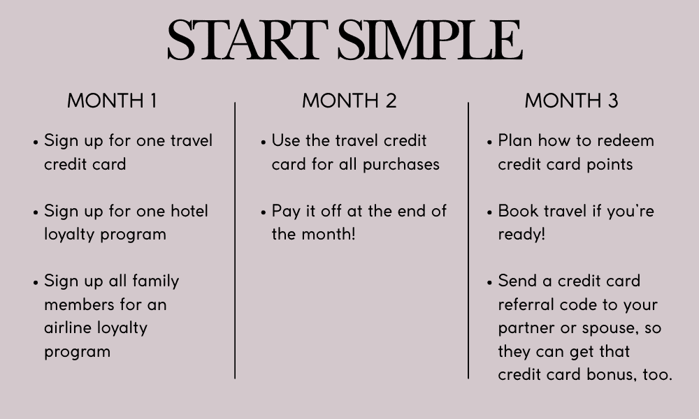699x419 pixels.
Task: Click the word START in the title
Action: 248,40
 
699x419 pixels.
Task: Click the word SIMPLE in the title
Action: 430,40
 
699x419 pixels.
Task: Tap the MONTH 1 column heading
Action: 112,101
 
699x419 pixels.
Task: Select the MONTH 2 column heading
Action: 349,101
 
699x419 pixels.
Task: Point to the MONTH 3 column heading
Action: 572,101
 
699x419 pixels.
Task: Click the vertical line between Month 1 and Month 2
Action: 235,240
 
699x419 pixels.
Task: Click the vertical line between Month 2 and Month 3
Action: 468,240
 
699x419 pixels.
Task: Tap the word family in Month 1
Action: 156,281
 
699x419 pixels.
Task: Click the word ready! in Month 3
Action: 521,235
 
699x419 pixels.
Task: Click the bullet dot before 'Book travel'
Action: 489,213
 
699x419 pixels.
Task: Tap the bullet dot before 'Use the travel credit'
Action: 263,142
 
